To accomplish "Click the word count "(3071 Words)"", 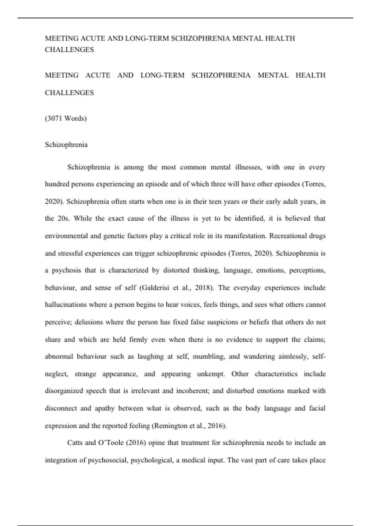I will pos(66,119).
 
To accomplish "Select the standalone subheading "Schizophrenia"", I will pos(66,145).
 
